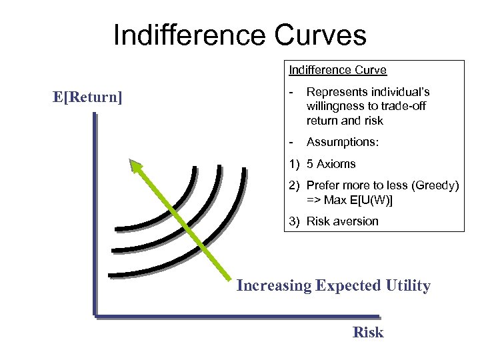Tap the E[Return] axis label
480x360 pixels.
(87, 97)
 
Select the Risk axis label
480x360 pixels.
(368, 332)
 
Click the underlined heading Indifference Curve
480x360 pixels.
(337, 69)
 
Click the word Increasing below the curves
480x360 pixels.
(274, 286)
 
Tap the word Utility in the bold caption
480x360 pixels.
(407, 286)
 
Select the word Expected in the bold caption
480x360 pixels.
(348, 286)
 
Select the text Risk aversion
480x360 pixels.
(342, 221)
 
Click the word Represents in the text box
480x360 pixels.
(337, 91)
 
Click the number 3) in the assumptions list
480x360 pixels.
(295, 221)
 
